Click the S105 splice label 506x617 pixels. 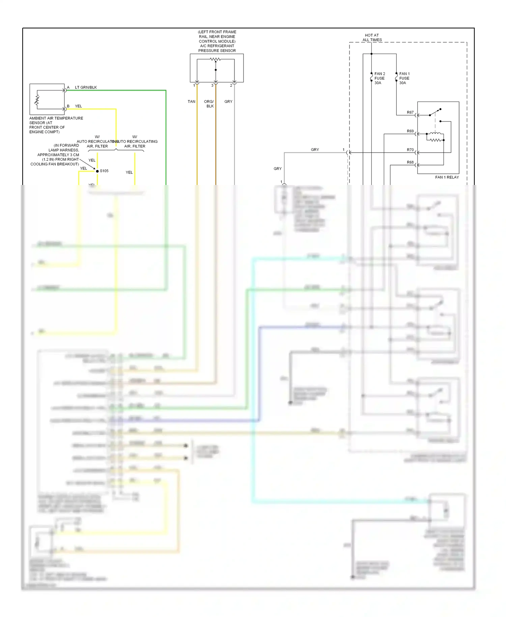click(x=104, y=171)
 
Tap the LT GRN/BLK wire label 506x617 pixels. click(x=86, y=87)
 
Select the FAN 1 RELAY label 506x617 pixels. click(x=447, y=177)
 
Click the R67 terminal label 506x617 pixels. click(x=410, y=112)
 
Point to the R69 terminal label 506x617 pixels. click(x=410, y=131)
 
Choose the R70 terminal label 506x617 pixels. click(x=410, y=150)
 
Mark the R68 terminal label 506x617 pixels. click(x=410, y=162)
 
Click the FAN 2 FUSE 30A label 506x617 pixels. click(x=379, y=78)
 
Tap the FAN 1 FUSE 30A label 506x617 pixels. click(x=404, y=78)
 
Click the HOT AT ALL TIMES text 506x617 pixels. click(x=372, y=37)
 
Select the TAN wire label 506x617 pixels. click(x=191, y=102)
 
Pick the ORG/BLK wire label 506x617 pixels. click(x=209, y=104)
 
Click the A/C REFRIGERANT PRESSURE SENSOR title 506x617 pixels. click(x=217, y=48)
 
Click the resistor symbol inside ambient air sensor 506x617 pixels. click(x=37, y=100)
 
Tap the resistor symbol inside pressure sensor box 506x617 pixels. click(x=215, y=59)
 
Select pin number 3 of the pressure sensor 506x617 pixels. click(x=212, y=85)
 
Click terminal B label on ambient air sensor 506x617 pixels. click(x=68, y=106)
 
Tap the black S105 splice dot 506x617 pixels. click(x=97, y=171)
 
